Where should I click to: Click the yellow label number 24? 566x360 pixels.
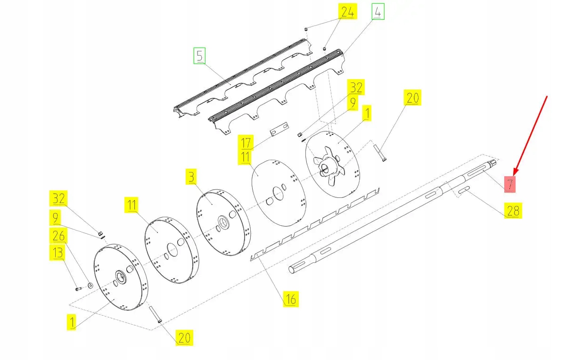pyautogui.click(x=347, y=13)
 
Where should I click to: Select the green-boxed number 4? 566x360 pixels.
pyautogui.click(x=378, y=12)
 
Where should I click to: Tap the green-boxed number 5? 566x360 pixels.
pyautogui.click(x=199, y=56)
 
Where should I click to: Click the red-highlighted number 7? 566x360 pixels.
pyautogui.click(x=510, y=184)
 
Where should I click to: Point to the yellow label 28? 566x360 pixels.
pyautogui.click(x=513, y=211)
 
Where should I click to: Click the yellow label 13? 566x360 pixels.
pyautogui.click(x=57, y=253)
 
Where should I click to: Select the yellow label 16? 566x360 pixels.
pyautogui.click(x=290, y=299)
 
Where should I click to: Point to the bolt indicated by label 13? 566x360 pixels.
pyautogui.click(x=78, y=288)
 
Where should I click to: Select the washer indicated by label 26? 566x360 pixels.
pyautogui.click(x=90, y=286)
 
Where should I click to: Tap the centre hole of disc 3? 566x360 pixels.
pyautogui.click(x=222, y=221)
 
